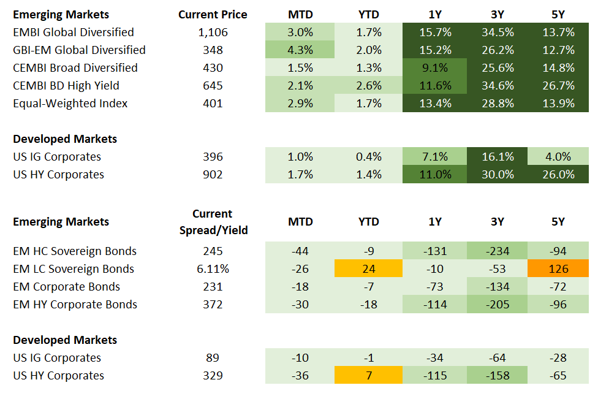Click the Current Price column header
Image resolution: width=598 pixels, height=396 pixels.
click(x=213, y=14)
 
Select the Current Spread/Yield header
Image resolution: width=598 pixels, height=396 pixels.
click(x=213, y=222)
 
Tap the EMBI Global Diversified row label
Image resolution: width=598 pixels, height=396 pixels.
click(x=74, y=32)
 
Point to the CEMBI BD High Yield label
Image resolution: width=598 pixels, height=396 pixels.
click(x=66, y=85)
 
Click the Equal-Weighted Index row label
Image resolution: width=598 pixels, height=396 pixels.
click(x=70, y=103)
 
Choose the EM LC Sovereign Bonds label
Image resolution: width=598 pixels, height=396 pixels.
click(x=74, y=268)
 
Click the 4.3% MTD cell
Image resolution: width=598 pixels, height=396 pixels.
click(x=300, y=50)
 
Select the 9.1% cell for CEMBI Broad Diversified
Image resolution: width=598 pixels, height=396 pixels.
click(x=435, y=67)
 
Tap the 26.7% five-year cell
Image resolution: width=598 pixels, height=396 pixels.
click(x=558, y=85)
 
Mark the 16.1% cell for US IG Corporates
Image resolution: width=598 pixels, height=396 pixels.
click(x=497, y=156)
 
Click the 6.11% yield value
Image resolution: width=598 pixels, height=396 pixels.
click(x=213, y=268)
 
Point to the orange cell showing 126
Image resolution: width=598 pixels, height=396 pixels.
click(x=558, y=268)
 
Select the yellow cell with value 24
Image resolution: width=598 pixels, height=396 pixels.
click(x=368, y=268)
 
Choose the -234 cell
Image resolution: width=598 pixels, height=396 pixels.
click(x=497, y=251)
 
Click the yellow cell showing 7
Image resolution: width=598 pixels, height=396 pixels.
click(x=368, y=375)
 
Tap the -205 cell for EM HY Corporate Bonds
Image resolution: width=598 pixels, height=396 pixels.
click(x=497, y=304)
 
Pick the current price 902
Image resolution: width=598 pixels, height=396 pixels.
click(x=213, y=174)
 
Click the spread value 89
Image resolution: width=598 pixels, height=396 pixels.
click(x=213, y=357)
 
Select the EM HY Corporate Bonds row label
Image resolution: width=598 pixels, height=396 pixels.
click(x=75, y=304)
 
